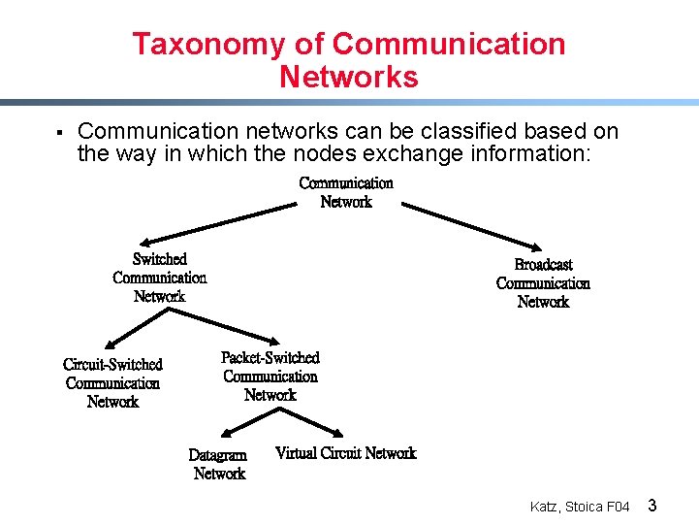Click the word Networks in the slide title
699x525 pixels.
349,77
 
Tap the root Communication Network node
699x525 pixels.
346,192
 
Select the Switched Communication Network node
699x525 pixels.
159,278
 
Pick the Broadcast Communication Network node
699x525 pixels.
543,283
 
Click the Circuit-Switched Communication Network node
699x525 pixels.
112,383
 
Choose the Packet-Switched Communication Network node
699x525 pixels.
270,377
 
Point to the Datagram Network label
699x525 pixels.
218,464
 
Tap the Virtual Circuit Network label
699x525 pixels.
345,453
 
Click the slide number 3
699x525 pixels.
652,506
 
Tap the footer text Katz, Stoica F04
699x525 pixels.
580,507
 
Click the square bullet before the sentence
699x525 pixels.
59,132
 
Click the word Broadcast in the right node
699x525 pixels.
543,265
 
